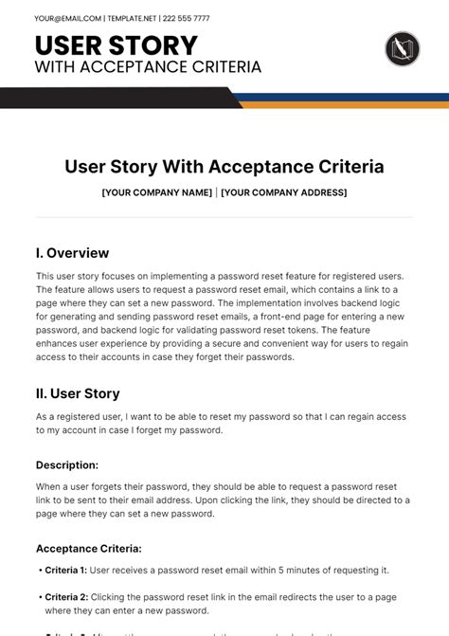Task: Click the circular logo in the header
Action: (403, 48)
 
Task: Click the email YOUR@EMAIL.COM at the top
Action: (66, 18)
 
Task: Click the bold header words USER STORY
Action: (117, 45)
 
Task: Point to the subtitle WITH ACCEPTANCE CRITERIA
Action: (148, 67)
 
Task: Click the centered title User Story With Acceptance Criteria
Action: (224, 167)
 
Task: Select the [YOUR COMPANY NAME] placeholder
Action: (156, 192)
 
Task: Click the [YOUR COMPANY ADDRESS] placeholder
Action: (285, 192)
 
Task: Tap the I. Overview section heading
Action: (72, 253)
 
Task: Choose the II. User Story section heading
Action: (78, 393)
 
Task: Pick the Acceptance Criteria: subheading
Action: (89, 548)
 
